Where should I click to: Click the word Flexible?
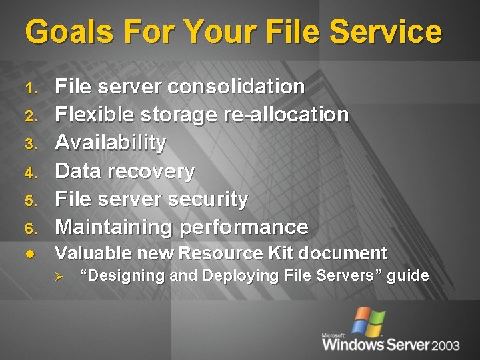coord(95,114)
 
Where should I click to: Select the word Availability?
coord(111,143)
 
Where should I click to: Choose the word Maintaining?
coord(113,227)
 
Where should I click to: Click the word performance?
coord(243,227)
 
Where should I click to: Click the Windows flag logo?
coord(369,321)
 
